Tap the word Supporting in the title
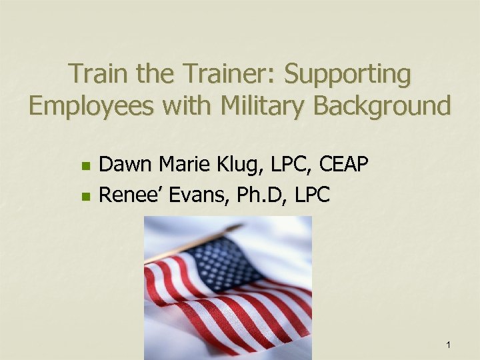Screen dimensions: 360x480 point(347,75)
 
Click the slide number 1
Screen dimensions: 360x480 point(449,345)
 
